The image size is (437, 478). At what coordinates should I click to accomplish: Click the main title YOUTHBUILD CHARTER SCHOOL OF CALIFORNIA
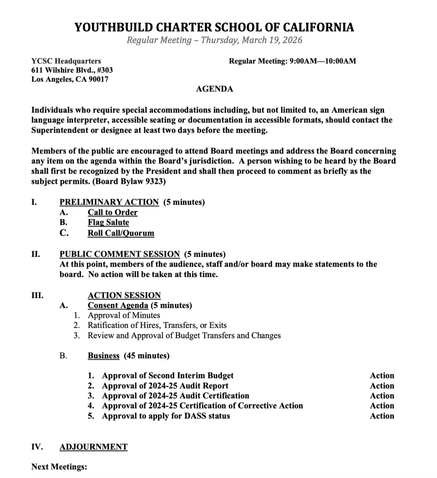pos(214,27)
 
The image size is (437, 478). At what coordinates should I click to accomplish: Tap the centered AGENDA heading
pos(214,89)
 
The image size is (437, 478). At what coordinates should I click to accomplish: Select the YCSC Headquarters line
pos(66,61)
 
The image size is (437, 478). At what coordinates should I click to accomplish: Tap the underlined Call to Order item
pos(112,212)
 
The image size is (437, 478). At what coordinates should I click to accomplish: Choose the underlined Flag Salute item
pos(108,222)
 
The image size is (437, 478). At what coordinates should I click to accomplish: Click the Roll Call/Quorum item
pos(121,233)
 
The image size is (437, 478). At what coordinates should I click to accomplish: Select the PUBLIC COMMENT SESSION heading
pos(120,254)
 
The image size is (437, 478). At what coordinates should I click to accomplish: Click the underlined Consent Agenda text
pos(118,306)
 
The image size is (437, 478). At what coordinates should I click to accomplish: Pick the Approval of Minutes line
pos(124,315)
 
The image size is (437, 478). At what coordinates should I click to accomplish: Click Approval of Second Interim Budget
pos(168,376)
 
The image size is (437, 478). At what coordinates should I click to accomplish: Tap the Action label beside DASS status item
pos(382,416)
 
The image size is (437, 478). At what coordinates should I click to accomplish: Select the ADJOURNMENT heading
pos(93,447)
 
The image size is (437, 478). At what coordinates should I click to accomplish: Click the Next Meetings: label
pos(59,467)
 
